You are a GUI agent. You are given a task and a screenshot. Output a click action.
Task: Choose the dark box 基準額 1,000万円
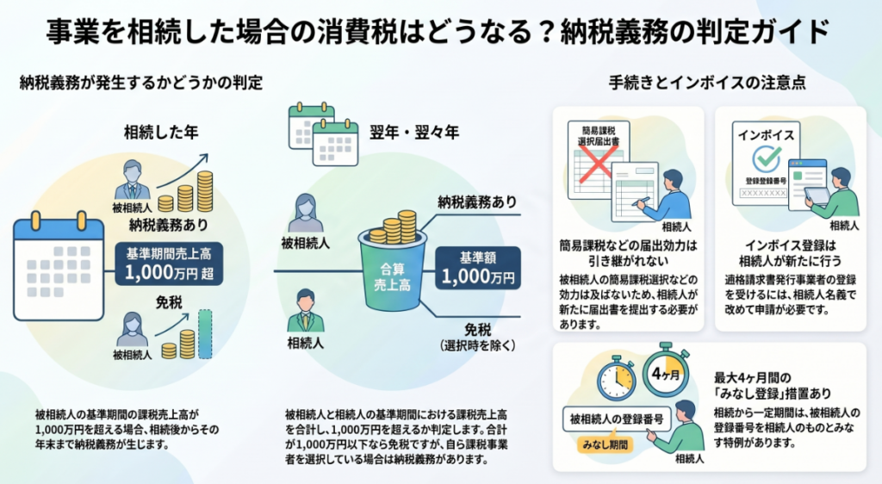click(x=476, y=268)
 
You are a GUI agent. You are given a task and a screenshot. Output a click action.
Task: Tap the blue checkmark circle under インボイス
click(x=766, y=158)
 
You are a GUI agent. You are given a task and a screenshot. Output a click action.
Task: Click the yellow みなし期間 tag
click(x=602, y=444)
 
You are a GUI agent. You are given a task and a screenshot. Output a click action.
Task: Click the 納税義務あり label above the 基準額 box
click(x=477, y=202)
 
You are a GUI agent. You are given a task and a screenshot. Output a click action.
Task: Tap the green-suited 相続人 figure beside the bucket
click(x=306, y=311)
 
